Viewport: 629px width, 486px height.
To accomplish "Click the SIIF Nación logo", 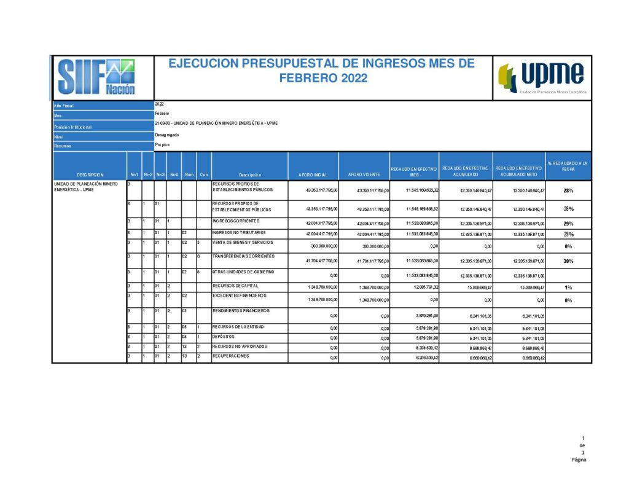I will [x=96, y=77].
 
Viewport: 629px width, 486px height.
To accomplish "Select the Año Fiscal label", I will [x=64, y=106].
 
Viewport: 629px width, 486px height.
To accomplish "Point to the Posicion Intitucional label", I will [x=73, y=127].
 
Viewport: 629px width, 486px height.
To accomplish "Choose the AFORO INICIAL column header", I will [x=313, y=175].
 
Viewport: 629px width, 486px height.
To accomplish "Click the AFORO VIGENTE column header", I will [x=364, y=175].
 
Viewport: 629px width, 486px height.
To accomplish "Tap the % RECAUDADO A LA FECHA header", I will [x=568, y=166].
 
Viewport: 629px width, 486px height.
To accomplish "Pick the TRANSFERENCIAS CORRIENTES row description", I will [x=244, y=256].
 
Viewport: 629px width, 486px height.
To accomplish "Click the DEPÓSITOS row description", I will [x=224, y=337].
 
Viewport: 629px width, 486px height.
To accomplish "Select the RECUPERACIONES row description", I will [x=232, y=356].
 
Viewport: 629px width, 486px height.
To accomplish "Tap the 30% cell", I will [x=568, y=261].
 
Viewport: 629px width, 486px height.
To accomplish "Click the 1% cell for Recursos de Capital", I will [x=568, y=288].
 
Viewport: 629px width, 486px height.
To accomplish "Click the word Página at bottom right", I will [x=578, y=459].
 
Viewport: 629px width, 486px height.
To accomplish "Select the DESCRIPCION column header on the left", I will [x=90, y=175].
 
